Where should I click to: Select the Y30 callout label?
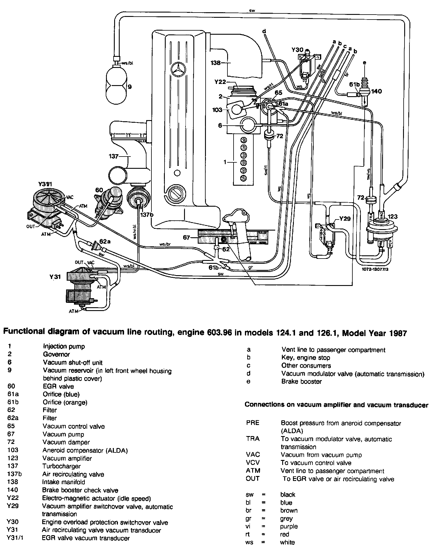click(297, 50)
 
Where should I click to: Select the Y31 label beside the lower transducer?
click(54, 277)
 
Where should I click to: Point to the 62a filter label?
click(105, 241)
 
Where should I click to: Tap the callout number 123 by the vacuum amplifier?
click(392, 217)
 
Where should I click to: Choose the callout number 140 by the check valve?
click(376, 91)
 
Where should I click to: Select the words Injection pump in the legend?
click(64, 346)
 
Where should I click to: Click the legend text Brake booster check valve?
click(80, 490)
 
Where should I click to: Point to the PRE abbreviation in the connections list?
click(252, 423)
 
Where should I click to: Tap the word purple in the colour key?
click(289, 526)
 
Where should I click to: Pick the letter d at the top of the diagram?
click(264, 31)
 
